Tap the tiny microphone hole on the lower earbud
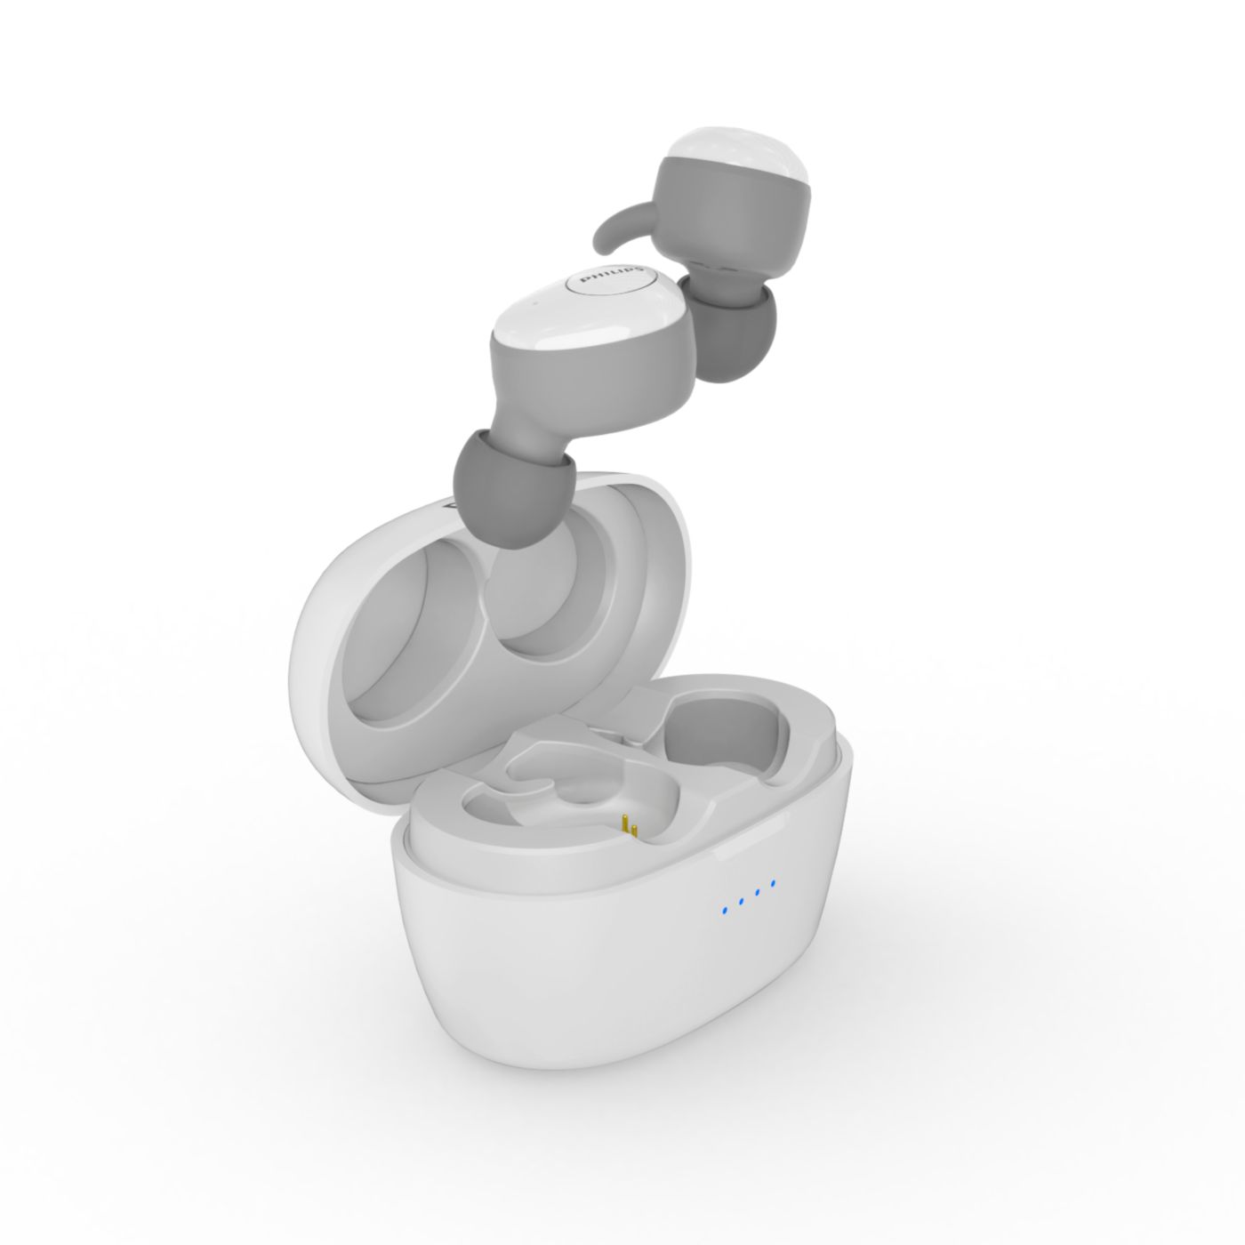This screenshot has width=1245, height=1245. pos(535,303)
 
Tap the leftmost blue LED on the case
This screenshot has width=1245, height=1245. pos(725,910)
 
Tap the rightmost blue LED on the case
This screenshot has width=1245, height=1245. pos(773,883)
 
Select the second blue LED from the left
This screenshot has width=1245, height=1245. pos(742,900)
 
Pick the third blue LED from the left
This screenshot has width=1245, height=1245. pos(757,892)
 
